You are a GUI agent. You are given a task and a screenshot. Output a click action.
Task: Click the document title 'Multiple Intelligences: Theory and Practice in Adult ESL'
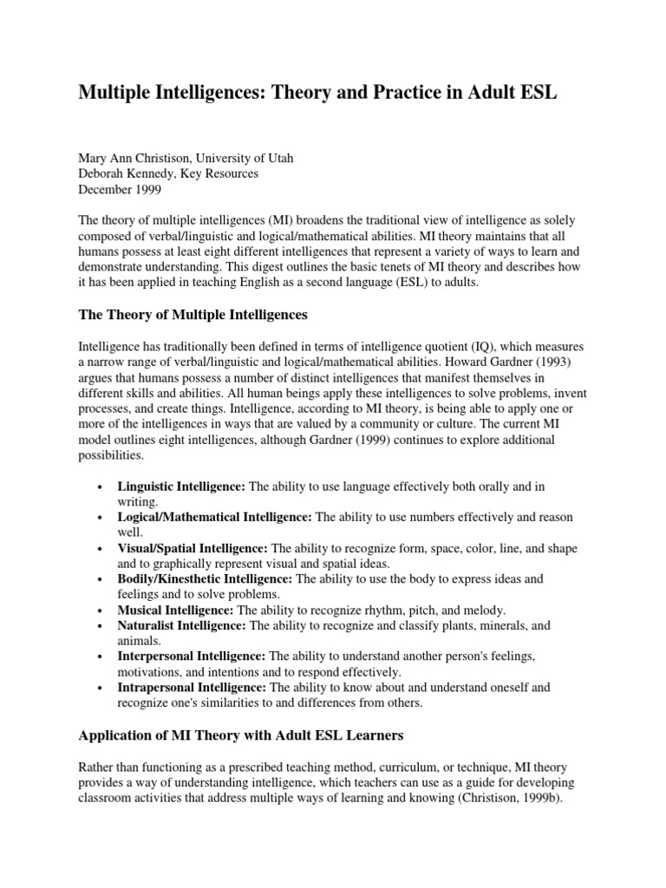317,94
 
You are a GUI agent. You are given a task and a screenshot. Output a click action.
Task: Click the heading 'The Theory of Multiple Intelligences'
193,314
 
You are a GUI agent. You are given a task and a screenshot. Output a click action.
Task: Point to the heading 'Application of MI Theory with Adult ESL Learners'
240,736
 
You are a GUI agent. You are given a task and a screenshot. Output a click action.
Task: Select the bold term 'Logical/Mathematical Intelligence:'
214,517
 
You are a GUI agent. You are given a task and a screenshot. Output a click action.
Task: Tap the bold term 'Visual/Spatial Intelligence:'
193,548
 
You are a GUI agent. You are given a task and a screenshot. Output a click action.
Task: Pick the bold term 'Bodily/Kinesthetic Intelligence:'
206,578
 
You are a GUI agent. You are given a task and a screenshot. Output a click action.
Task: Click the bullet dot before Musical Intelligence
102,610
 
